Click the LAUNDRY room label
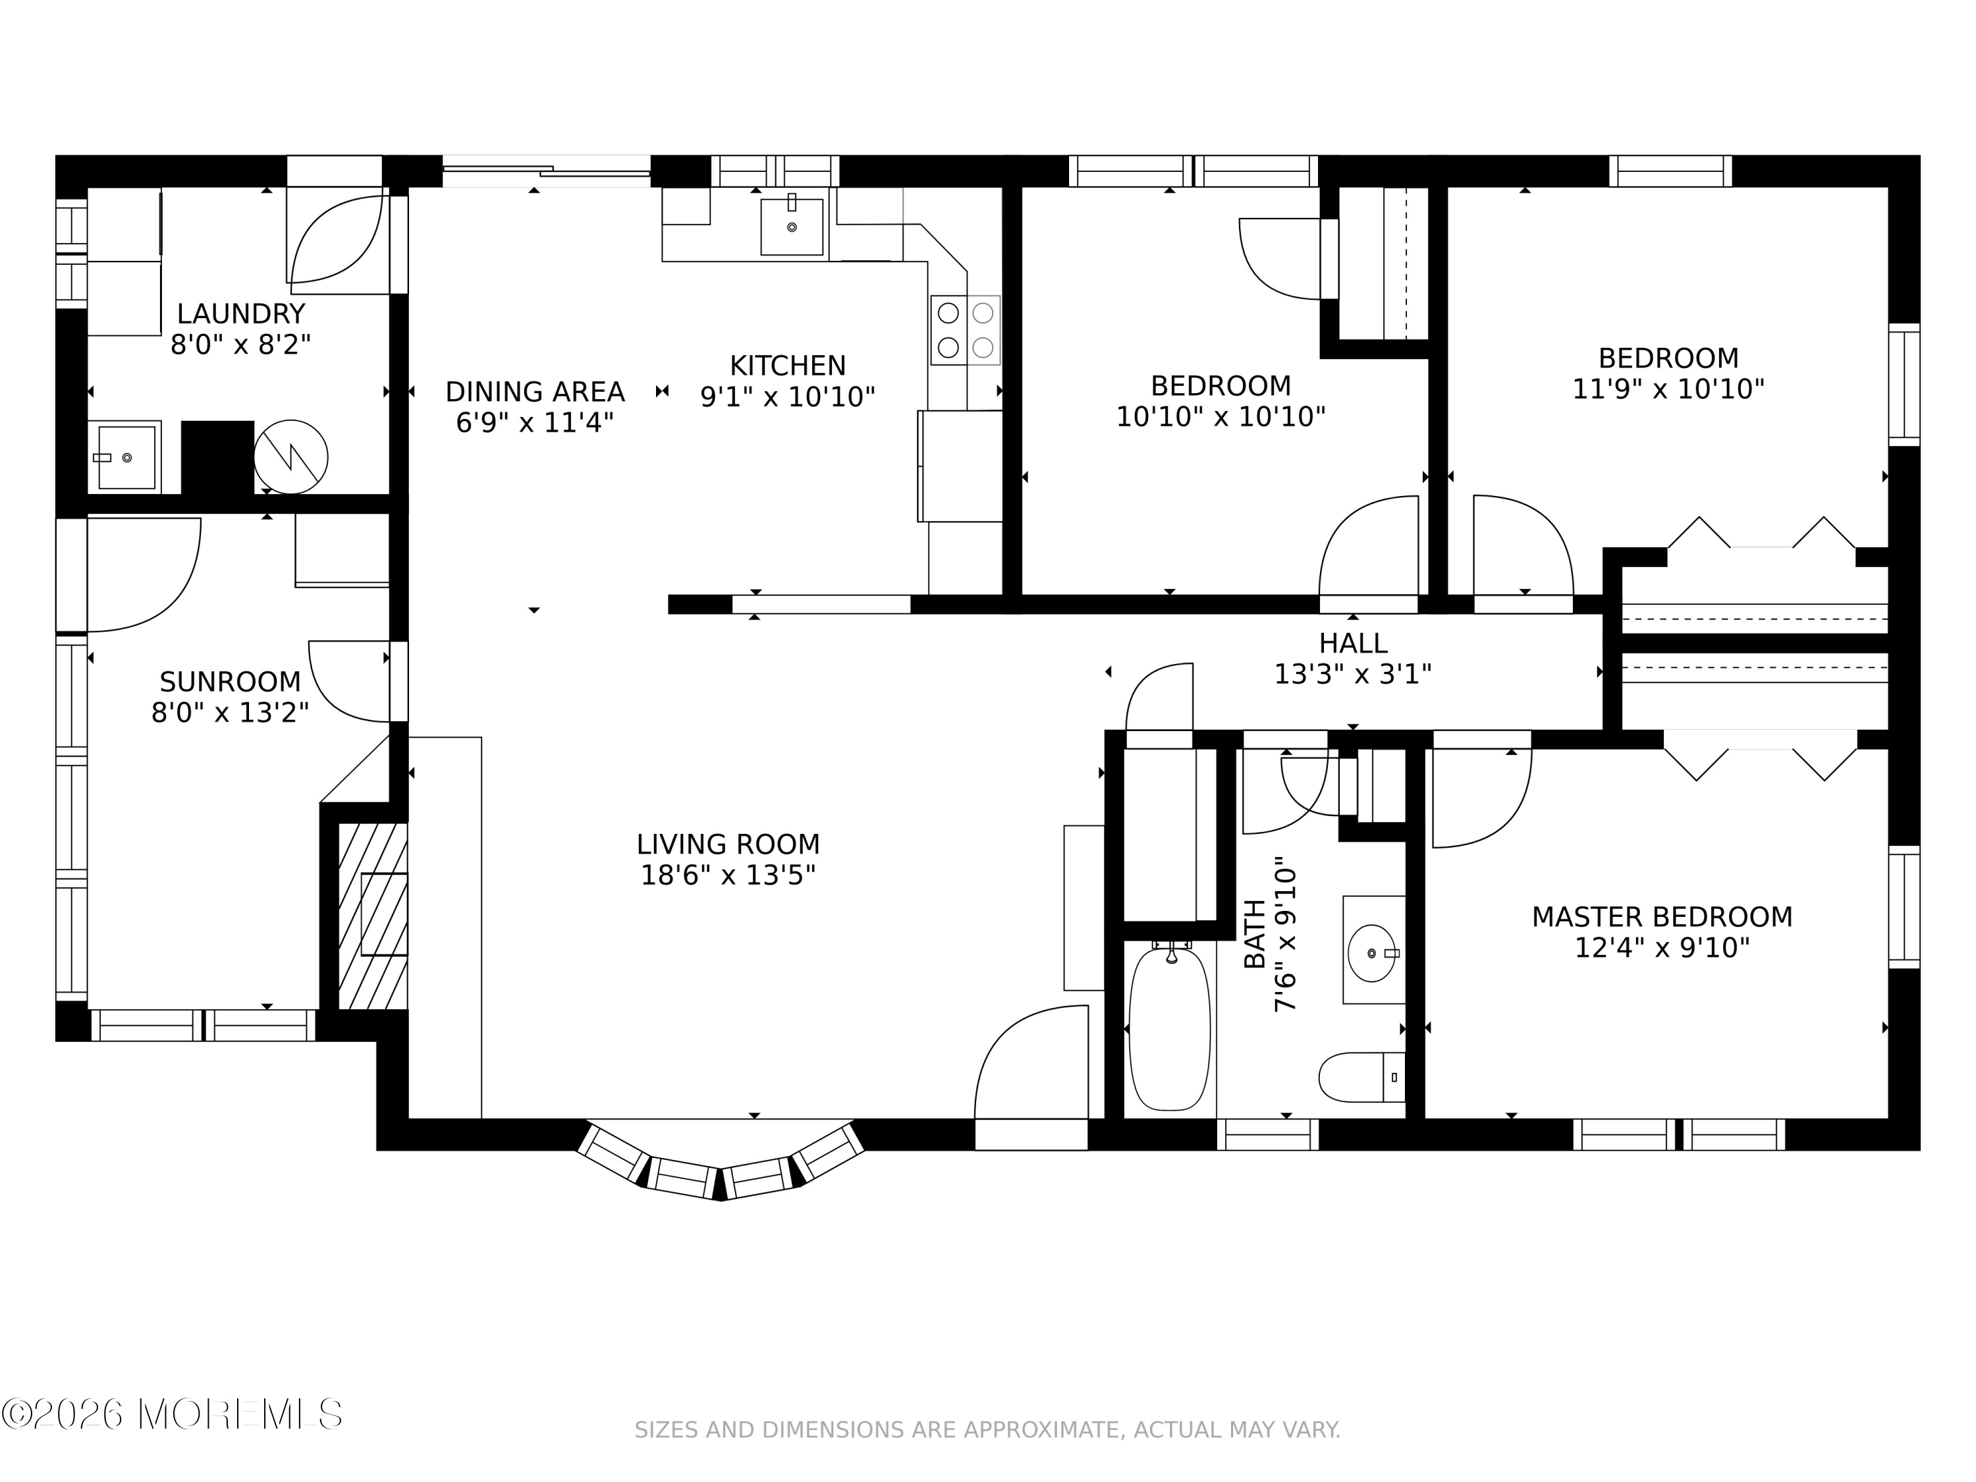(241, 314)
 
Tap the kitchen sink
(792, 227)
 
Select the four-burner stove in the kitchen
(965, 329)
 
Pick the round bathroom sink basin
(1371, 953)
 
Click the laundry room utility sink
(125, 457)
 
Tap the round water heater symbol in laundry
(290, 456)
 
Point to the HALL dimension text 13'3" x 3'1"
(1352, 674)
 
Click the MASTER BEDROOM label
(1662, 917)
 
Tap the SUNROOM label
(231, 682)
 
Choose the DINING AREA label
(535, 391)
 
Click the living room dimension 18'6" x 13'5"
(728, 875)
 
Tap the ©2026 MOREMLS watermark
(173, 1414)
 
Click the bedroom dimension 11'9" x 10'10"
(1668, 389)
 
